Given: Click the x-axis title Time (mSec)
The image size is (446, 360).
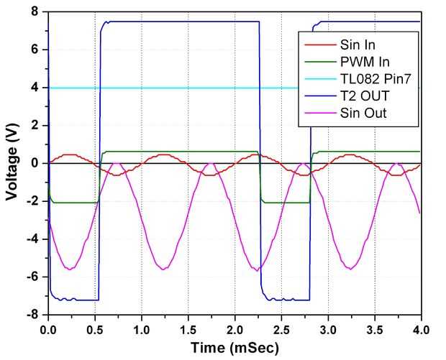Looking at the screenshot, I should (235, 348).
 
